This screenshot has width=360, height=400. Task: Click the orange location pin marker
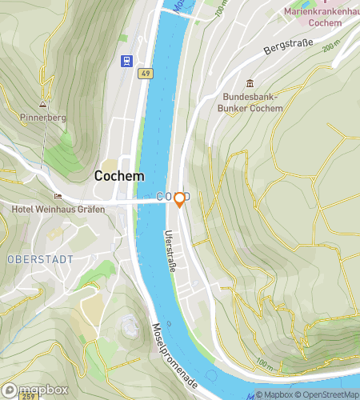(180, 199)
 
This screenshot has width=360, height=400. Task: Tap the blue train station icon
(126, 60)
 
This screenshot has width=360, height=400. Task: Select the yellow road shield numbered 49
(145, 74)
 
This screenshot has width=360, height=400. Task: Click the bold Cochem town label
(119, 175)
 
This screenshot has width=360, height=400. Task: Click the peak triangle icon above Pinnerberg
(42, 104)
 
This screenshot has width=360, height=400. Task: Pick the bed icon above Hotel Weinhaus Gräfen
(57, 196)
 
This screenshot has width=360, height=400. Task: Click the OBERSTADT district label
(40, 259)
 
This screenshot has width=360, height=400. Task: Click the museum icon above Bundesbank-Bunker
(250, 84)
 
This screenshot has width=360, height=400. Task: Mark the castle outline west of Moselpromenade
(129, 326)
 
